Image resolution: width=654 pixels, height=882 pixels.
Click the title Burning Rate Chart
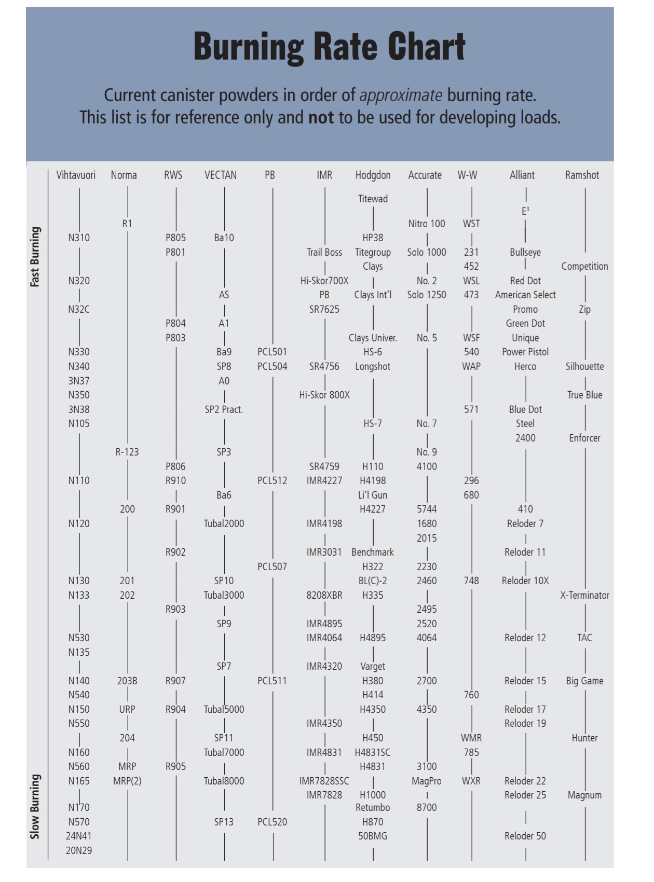point(329,47)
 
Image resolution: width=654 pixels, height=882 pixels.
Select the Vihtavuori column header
point(76,175)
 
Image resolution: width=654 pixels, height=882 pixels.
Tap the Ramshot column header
point(582,175)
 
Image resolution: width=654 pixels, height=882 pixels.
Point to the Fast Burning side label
point(35,257)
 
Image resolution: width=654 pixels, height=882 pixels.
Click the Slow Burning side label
point(35,806)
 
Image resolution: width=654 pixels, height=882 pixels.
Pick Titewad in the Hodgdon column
point(373,199)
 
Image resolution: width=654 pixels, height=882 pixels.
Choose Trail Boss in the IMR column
point(324,253)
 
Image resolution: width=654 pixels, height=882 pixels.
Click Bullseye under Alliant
point(525,253)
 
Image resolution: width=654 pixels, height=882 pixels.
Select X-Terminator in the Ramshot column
point(584,595)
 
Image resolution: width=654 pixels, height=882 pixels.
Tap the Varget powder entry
point(373,666)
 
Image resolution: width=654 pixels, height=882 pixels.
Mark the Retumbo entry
point(373,807)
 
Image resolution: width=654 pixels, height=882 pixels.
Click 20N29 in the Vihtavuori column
point(79,850)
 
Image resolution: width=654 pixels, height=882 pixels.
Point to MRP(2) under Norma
point(127,781)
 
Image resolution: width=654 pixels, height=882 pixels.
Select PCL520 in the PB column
point(272,822)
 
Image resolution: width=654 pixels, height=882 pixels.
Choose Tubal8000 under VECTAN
point(224,781)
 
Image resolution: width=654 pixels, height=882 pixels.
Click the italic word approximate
point(401,95)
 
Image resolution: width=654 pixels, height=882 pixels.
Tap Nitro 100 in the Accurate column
point(427,224)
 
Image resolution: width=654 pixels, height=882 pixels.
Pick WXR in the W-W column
point(471,781)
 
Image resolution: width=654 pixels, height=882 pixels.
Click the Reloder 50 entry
point(525,836)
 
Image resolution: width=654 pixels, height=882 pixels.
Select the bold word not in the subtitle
point(321,118)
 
